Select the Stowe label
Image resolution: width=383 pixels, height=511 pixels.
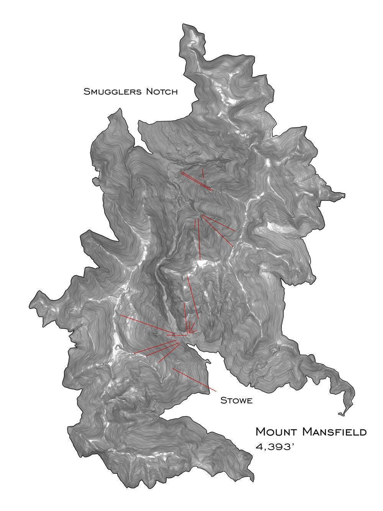(236, 401)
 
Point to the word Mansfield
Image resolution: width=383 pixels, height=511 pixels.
(334, 432)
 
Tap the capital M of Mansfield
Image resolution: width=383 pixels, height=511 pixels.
(307, 432)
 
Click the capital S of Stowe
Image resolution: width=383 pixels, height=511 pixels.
(223, 401)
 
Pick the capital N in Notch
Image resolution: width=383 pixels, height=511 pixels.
(148, 92)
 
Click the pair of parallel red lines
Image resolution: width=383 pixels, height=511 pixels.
(197, 181)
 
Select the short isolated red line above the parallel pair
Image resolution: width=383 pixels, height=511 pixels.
(203, 173)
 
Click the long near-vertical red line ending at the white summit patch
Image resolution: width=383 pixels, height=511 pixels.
(199, 240)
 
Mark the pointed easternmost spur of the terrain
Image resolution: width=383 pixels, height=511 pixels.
(344, 195)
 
